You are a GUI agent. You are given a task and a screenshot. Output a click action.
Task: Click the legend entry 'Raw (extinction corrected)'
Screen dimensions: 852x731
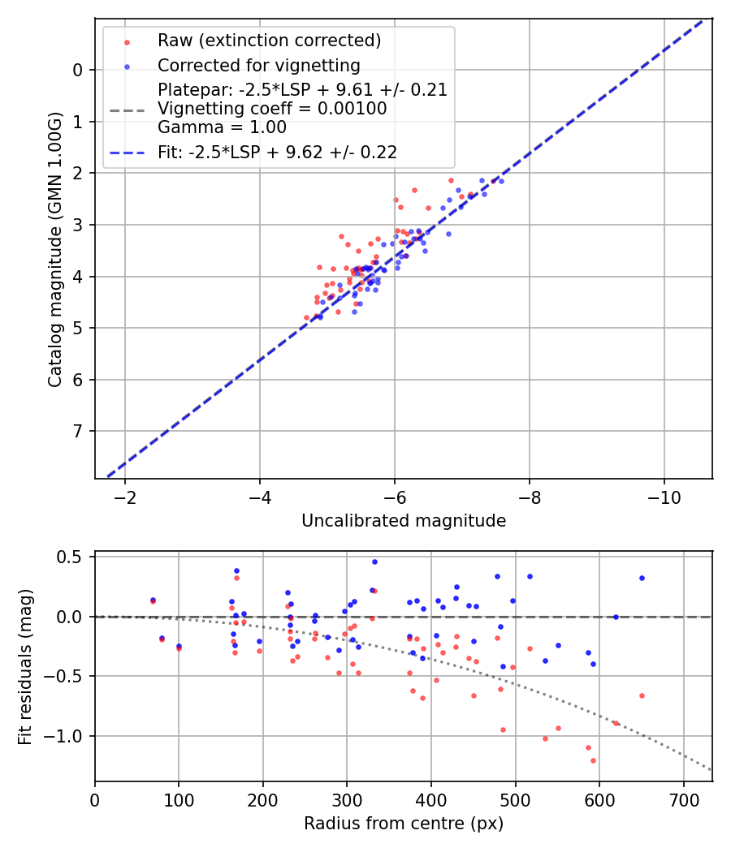point(269,41)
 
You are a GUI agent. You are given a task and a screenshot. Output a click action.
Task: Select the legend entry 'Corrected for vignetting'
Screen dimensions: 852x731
point(258,65)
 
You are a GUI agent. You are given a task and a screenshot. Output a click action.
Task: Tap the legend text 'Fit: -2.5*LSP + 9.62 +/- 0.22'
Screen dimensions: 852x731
point(277,151)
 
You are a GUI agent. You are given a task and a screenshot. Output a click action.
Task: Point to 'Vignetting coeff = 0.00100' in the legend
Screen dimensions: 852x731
point(272,109)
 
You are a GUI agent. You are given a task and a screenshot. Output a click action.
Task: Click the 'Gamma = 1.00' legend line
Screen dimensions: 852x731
point(222,127)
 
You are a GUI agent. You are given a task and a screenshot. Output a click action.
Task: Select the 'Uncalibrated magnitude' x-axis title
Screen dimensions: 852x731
point(404,521)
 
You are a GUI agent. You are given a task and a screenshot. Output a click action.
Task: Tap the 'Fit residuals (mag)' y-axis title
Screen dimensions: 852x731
point(25,666)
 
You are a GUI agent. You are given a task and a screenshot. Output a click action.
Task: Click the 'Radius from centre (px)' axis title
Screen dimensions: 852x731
point(404,824)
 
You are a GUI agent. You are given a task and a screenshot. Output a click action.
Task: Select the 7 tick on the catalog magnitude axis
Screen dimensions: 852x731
point(78,431)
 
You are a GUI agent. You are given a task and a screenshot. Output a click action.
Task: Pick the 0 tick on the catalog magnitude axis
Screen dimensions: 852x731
point(78,70)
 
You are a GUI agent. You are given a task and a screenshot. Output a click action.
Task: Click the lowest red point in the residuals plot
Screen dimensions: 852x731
point(593,760)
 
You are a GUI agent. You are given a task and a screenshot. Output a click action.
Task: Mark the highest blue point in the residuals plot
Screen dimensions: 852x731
point(374,562)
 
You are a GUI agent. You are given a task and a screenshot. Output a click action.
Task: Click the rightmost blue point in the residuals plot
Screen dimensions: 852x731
point(642,578)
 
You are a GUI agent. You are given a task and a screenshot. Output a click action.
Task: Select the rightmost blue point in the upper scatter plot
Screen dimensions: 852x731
point(501,181)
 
